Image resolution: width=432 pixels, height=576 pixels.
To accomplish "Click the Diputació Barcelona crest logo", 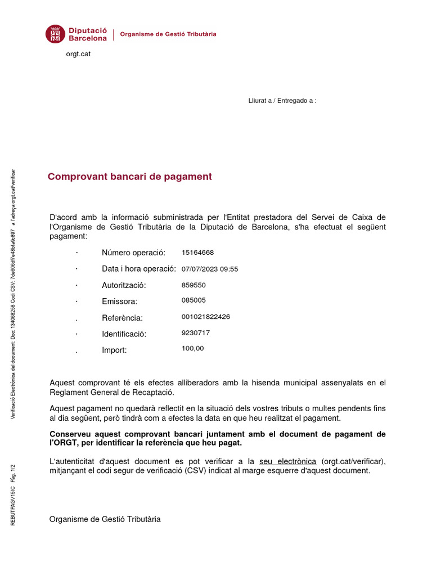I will (x=55, y=34).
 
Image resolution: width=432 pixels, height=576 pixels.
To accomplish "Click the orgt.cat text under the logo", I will (x=79, y=54).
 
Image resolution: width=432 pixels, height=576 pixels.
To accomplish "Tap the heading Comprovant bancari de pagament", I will (x=129, y=177).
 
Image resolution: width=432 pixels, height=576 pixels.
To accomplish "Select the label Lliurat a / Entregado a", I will (x=282, y=101).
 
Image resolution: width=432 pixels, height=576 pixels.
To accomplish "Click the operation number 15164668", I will (x=197, y=253).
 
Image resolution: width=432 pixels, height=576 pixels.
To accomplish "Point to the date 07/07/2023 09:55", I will (x=210, y=269).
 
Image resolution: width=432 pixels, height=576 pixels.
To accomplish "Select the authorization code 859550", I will (x=193, y=285).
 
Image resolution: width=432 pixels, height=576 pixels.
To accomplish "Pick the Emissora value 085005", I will (x=193, y=300).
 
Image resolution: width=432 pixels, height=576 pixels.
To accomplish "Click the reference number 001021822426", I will (x=206, y=317).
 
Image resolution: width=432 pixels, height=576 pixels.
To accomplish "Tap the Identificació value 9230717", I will (x=196, y=333).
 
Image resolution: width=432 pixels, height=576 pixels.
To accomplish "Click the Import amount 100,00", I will (x=193, y=349).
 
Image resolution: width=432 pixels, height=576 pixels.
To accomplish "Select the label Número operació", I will (x=133, y=253).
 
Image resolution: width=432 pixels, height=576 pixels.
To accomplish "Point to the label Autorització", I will (x=124, y=285).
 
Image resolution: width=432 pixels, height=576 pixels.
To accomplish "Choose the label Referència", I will (x=122, y=318).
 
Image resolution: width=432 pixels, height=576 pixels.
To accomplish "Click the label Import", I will (x=114, y=350).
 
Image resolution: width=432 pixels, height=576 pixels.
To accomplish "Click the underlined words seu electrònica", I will (x=287, y=461).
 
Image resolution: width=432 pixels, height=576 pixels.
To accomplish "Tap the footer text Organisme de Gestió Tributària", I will (x=105, y=519).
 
